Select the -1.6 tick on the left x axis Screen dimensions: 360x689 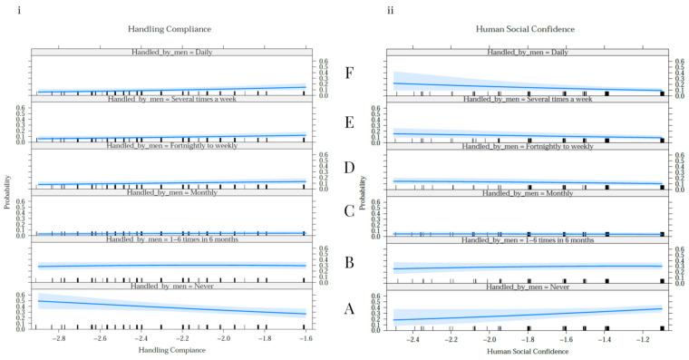pyautogui.click(x=305, y=337)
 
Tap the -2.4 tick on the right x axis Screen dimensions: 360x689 pyautogui.click(x=412, y=337)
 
